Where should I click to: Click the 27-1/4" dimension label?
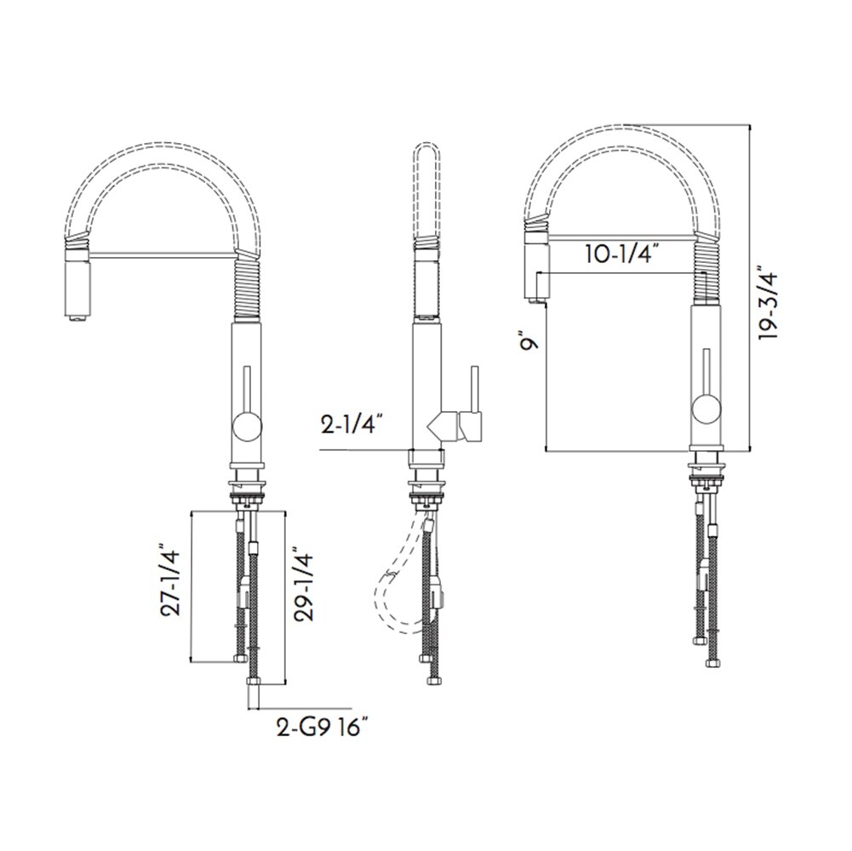coord(173,581)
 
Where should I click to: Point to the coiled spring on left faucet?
coord(245,289)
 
